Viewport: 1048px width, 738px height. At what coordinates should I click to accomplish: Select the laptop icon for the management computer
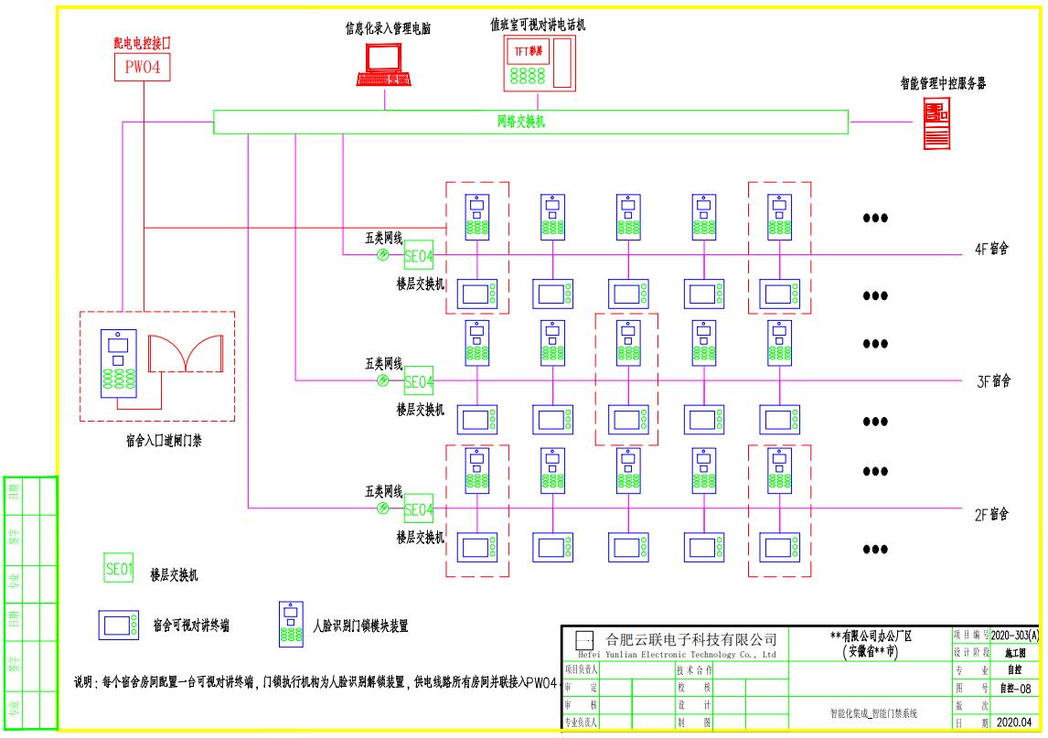coord(382,66)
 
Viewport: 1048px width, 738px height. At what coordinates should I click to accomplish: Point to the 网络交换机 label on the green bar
coord(520,121)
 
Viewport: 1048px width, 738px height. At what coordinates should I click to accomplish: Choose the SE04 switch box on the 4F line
coord(418,255)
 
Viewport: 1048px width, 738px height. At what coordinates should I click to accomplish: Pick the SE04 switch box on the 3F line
coord(418,380)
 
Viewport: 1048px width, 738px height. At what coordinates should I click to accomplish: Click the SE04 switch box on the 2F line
coord(418,508)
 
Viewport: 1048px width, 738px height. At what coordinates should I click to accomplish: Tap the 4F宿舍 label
coord(991,249)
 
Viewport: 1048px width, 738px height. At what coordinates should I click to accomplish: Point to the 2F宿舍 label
coord(991,515)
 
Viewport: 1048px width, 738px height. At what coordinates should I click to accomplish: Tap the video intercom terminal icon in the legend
coord(119,626)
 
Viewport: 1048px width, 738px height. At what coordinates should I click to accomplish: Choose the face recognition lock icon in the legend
coord(292,623)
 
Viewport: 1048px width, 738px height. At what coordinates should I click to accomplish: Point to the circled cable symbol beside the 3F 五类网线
coord(383,381)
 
